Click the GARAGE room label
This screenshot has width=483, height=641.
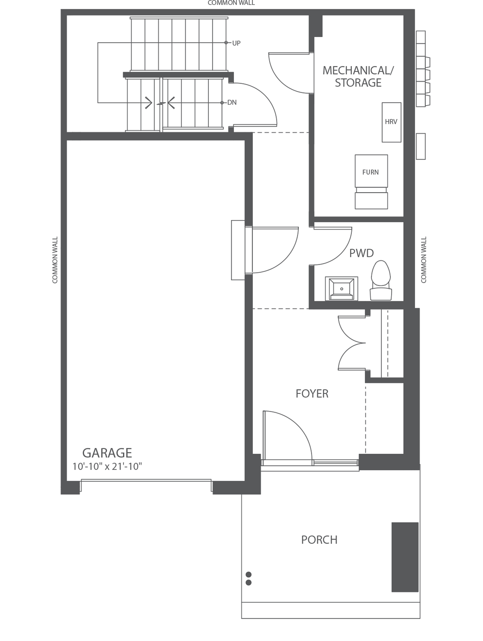pyautogui.click(x=107, y=453)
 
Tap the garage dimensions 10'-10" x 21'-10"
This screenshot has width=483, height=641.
pyautogui.click(x=107, y=466)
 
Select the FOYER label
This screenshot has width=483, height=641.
pyautogui.click(x=312, y=393)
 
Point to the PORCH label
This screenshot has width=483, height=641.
pyautogui.click(x=319, y=540)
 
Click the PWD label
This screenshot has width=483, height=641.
pyautogui.click(x=361, y=253)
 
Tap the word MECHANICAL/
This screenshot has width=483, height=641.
pyautogui.click(x=358, y=70)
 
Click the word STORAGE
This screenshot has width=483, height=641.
pyautogui.click(x=358, y=83)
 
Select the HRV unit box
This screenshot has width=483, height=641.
pyautogui.click(x=391, y=122)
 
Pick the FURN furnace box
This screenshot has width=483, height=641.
pyautogui.click(x=371, y=172)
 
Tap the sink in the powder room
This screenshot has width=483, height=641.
pyautogui.click(x=341, y=288)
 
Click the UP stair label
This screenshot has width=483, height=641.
pyautogui.click(x=236, y=43)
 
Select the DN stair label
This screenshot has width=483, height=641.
pyautogui.click(x=232, y=103)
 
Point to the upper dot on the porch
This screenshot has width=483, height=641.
pyautogui.click(x=249, y=575)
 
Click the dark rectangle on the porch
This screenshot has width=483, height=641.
pyautogui.click(x=405, y=557)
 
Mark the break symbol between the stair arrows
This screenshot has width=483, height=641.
pyautogui.click(x=161, y=103)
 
